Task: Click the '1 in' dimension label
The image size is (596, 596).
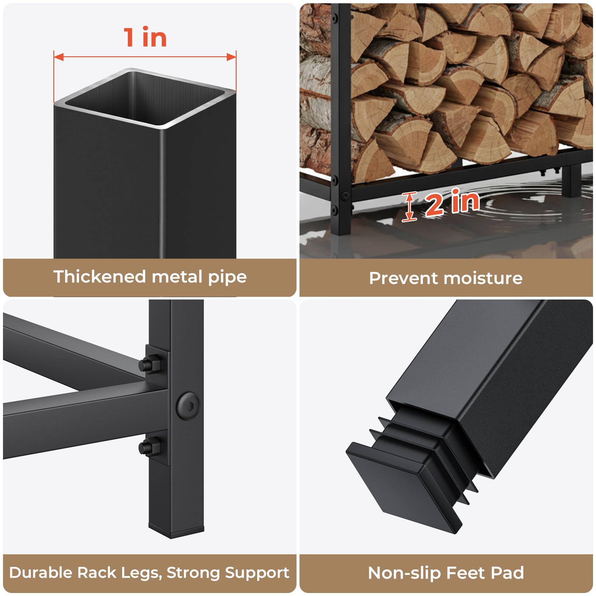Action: (145, 37)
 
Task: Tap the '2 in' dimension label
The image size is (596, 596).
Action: (452, 202)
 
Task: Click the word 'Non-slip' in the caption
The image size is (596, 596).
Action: (405, 564)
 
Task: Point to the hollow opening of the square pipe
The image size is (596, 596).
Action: (145, 99)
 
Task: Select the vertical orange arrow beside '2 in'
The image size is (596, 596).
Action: (409, 207)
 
